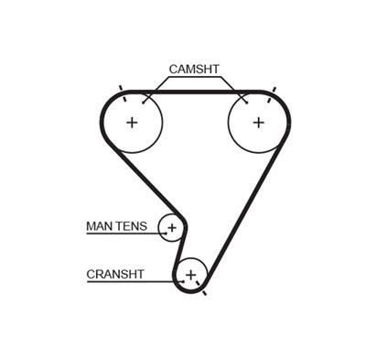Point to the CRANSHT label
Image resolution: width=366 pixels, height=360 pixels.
pyautogui.click(x=115, y=272)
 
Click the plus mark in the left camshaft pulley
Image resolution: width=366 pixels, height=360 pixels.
pyautogui.click(x=132, y=122)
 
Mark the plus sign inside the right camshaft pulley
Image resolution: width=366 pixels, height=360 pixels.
pyautogui.click(x=258, y=122)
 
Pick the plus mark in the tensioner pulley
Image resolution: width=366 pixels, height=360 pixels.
pyautogui.click(x=171, y=226)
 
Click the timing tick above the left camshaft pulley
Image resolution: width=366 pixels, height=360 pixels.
pyautogui.click(x=121, y=89)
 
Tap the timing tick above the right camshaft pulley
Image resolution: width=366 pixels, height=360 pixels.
pyautogui.click(x=270, y=89)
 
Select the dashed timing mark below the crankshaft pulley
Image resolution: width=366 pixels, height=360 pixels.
pyautogui.click(x=204, y=291)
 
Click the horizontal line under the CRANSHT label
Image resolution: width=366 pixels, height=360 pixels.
pyautogui.click(x=128, y=282)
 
